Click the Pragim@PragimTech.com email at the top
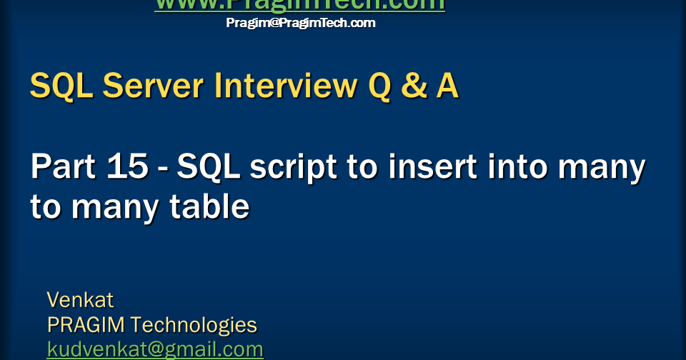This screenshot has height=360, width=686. (300, 23)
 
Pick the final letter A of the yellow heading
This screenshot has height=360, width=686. (447, 86)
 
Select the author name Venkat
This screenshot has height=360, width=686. (80, 299)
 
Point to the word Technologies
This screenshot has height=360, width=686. (194, 326)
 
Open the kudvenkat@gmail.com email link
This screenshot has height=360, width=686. (155, 350)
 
